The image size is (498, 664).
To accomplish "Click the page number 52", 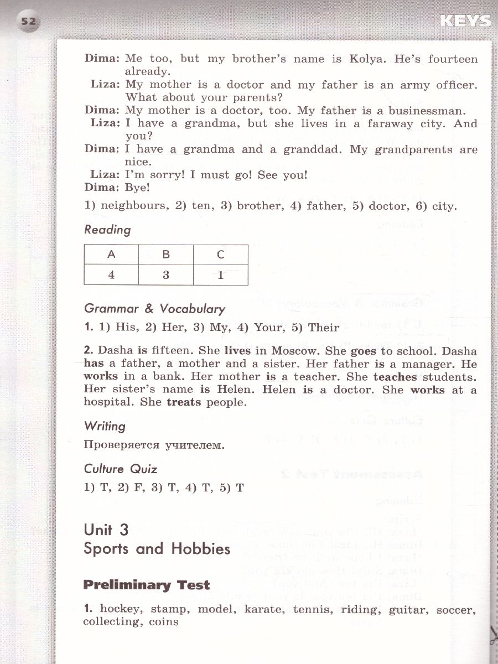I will tap(28, 22).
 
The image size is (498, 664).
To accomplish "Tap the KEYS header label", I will tap(465, 21).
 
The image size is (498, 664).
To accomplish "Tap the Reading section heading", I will tap(107, 230).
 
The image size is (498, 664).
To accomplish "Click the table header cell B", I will tap(166, 255).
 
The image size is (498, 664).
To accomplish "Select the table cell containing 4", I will tap(111, 274).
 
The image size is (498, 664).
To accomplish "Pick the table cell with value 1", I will tap(220, 274).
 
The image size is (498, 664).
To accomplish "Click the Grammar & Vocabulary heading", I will tap(154, 309).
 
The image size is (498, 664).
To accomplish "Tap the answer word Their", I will tap(324, 327).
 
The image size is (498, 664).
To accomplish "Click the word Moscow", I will tap(297, 351).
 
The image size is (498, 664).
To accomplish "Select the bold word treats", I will tap(184, 402).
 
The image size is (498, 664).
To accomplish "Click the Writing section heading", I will tap(105, 426).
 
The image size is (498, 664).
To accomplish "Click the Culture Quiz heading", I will tap(121, 469).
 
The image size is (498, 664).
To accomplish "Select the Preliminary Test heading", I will tap(147, 585).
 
